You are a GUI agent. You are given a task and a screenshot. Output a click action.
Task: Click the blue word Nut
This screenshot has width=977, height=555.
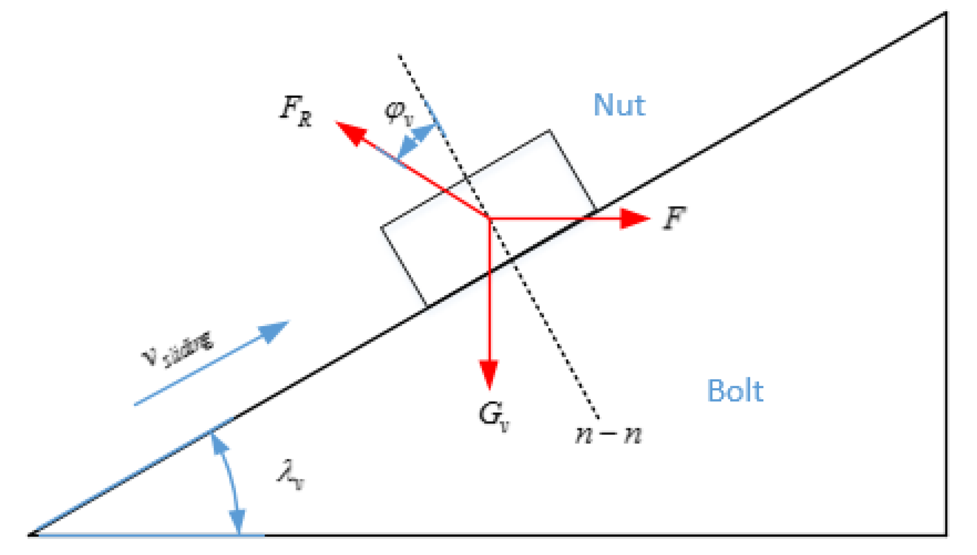(x=619, y=105)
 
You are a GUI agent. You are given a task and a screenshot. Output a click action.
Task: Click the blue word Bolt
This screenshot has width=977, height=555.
(x=735, y=391)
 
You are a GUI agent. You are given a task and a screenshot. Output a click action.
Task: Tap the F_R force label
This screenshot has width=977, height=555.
(x=296, y=111)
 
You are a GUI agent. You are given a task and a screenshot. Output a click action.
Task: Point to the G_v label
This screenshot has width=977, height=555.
(x=494, y=416)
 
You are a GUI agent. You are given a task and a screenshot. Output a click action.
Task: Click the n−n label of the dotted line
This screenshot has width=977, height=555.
(x=608, y=434)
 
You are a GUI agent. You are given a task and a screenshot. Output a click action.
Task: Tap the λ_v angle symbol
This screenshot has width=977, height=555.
(x=291, y=475)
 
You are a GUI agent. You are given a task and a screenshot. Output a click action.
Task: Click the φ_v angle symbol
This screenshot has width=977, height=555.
(x=399, y=112)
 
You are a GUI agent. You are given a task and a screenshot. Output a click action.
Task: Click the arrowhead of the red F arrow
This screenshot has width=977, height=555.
(x=637, y=218)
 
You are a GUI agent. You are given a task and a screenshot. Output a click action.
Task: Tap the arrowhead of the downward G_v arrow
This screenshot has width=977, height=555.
(x=489, y=375)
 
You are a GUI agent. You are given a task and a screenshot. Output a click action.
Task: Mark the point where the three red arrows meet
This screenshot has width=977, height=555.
(x=489, y=218)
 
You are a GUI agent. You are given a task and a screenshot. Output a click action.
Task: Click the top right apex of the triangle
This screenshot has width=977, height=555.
(x=945, y=13)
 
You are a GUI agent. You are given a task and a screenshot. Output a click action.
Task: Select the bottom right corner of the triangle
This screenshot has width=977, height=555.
(x=945, y=534)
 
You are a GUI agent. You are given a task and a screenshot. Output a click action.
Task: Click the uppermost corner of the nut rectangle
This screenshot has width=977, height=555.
(x=549, y=131)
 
